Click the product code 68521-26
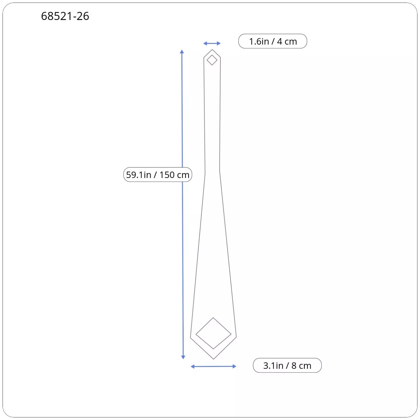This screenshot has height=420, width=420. (x=65, y=16)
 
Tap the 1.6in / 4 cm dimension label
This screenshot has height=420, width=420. (x=273, y=41)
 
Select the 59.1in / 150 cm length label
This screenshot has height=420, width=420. (x=158, y=175)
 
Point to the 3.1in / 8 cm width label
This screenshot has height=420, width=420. (x=287, y=365)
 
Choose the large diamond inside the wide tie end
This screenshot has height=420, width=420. (x=213, y=318)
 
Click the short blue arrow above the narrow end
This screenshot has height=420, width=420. (x=212, y=43)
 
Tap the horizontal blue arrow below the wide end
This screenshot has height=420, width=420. (x=213, y=366)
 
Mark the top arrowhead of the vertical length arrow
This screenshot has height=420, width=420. (x=182, y=51)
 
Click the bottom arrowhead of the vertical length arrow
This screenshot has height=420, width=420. (x=183, y=357)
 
